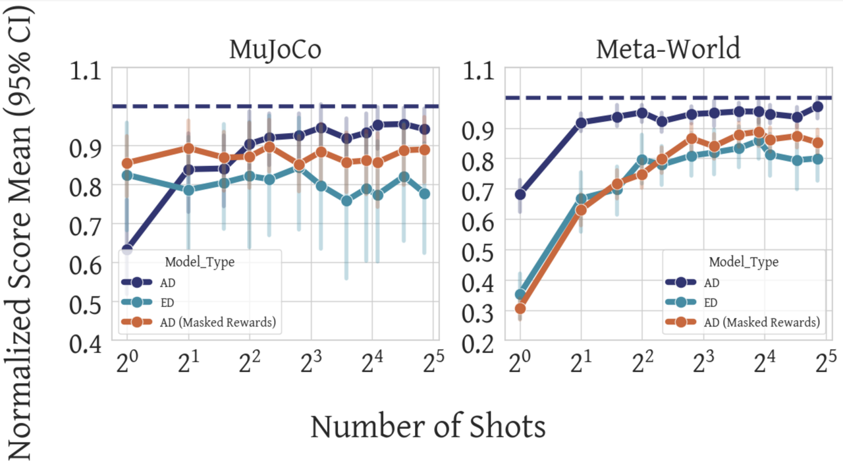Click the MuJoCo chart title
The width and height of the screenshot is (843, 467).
tap(275, 50)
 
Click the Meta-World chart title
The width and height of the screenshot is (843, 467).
tap(668, 49)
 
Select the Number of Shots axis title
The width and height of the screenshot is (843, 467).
tap(428, 426)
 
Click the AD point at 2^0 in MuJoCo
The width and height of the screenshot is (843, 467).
tap(127, 250)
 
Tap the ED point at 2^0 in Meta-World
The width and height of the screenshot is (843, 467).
tap(520, 294)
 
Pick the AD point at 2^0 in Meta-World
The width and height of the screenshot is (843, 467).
tap(520, 194)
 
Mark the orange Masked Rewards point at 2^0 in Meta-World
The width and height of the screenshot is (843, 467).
tap(520, 308)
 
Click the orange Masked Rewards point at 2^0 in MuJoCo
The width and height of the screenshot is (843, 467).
tap(127, 163)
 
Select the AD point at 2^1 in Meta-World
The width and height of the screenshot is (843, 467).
tap(581, 123)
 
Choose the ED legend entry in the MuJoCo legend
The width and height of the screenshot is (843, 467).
tap(167, 302)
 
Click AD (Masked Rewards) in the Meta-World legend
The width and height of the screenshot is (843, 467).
tap(762, 322)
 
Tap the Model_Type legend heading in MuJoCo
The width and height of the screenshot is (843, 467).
tap(200, 261)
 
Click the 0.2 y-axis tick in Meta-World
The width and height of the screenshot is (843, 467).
tap(480, 343)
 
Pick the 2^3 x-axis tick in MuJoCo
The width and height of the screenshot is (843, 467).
tap(312, 362)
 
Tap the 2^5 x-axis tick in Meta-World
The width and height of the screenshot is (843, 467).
tap(824, 362)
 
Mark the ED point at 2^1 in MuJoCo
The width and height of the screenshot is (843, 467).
tap(189, 190)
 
